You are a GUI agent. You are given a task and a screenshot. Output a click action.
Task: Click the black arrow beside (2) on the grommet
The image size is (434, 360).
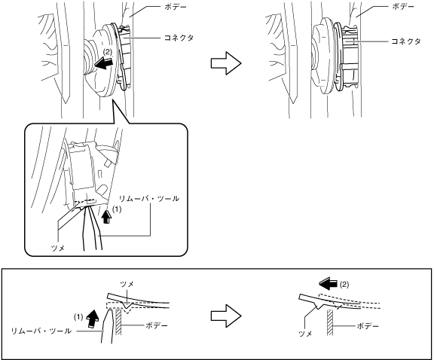pyautogui.click(x=103, y=64)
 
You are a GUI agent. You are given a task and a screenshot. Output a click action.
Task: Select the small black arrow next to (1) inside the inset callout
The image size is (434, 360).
pyautogui.click(x=106, y=216)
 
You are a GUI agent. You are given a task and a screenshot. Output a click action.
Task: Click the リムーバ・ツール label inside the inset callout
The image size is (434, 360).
pyautogui.click(x=149, y=198)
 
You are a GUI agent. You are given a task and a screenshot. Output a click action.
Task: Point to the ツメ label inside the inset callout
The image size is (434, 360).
pyautogui.click(x=58, y=249)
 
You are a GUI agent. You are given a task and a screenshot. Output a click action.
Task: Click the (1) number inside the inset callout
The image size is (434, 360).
pyautogui.click(x=116, y=209)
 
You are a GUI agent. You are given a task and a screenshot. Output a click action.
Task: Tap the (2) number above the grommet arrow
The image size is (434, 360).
pyautogui.click(x=108, y=52)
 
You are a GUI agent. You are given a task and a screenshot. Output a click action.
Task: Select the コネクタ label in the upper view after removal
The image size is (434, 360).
pyautogui.click(x=406, y=41)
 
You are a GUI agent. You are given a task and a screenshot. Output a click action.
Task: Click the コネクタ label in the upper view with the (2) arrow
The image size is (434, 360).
pyautogui.click(x=179, y=38)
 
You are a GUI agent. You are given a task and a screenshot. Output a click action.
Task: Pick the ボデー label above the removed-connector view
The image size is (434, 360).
pyautogui.click(x=403, y=7)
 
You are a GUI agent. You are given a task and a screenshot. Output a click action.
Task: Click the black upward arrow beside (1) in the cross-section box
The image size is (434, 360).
pyautogui.click(x=93, y=319)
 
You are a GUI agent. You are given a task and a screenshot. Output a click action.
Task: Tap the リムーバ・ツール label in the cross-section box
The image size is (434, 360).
pyautogui.click(x=41, y=331)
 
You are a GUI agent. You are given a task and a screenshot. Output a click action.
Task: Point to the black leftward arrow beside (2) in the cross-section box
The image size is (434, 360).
pyautogui.click(x=329, y=284)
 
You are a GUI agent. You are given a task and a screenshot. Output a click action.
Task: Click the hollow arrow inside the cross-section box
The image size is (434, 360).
pyautogui.click(x=226, y=316)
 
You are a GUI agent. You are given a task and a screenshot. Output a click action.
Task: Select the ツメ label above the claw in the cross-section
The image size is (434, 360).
pyautogui.click(x=127, y=284)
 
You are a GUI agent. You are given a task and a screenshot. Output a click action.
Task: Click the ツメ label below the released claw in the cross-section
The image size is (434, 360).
pyautogui.click(x=305, y=334)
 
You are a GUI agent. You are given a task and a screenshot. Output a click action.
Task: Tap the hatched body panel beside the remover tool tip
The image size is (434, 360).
pyautogui.click(x=118, y=322)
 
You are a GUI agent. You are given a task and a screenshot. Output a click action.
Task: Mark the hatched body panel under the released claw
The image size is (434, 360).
pyautogui.click(x=330, y=322)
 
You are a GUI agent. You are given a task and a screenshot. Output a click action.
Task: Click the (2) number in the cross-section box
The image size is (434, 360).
pyautogui.click(x=344, y=284)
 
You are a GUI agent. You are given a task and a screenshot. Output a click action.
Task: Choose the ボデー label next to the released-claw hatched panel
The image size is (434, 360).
pyautogui.click(x=368, y=326)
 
